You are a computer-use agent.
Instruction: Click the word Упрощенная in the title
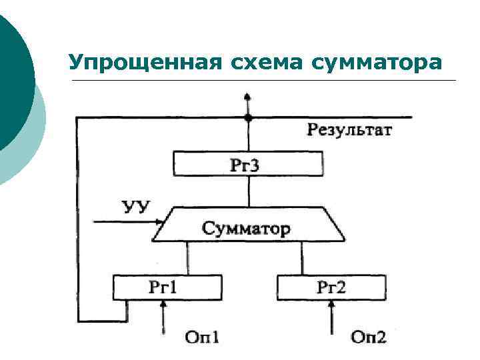click(x=143, y=63)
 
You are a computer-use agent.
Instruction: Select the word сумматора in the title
click(x=379, y=63)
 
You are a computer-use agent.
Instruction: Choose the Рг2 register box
click(x=331, y=288)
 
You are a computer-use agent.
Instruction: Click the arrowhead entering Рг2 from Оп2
click(x=331, y=304)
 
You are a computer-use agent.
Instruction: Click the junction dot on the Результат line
click(x=248, y=117)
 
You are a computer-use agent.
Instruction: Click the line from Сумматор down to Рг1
click(x=187, y=259)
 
